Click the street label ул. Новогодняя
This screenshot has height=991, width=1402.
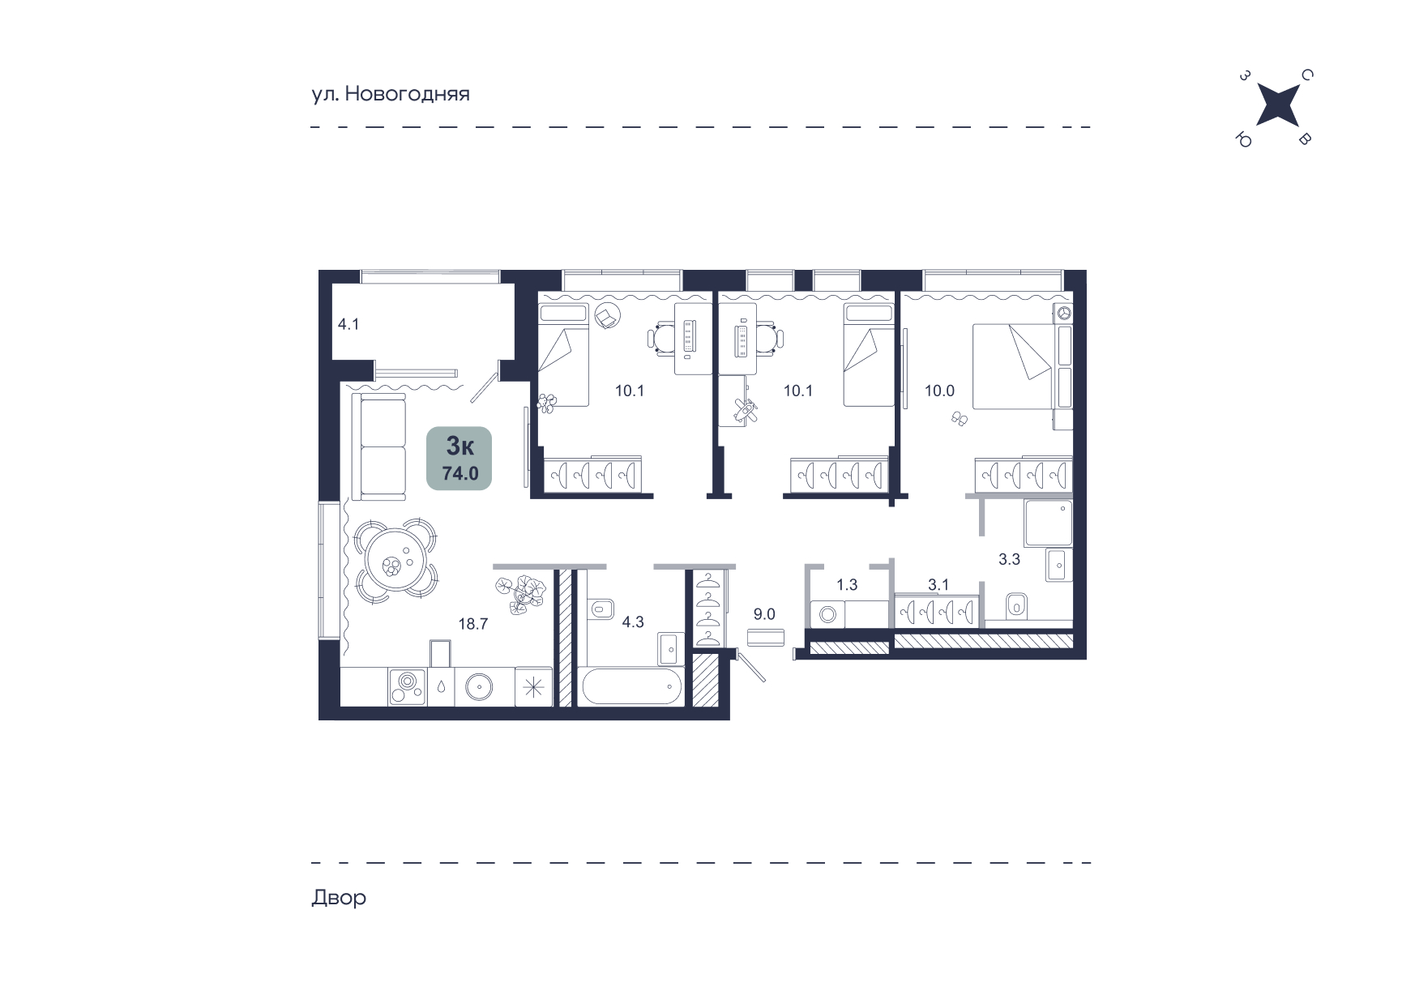click(x=391, y=94)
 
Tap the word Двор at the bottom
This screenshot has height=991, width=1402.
click(x=339, y=898)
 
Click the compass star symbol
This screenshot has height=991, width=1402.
click(x=1276, y=108)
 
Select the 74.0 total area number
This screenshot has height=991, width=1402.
click(x=460, y=474)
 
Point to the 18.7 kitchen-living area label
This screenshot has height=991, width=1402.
click(x=473, y=624)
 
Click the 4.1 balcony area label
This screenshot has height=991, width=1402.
click(x=348, y=325)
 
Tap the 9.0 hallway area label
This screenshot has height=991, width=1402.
click(x=764, y=614)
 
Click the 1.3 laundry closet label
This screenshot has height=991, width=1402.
click(x=847, y=584)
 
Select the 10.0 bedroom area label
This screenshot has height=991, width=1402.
click(x=940, y=391)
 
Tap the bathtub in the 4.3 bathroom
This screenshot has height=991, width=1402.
click(x=631, y=686)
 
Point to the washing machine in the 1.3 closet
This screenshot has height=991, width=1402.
click(x=827, y=613)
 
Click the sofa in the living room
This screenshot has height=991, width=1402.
click(x=378, y=446)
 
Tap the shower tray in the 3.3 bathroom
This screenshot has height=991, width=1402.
click(x=1049, y=523)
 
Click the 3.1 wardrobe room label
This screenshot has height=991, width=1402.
click(x=938, y=584)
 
